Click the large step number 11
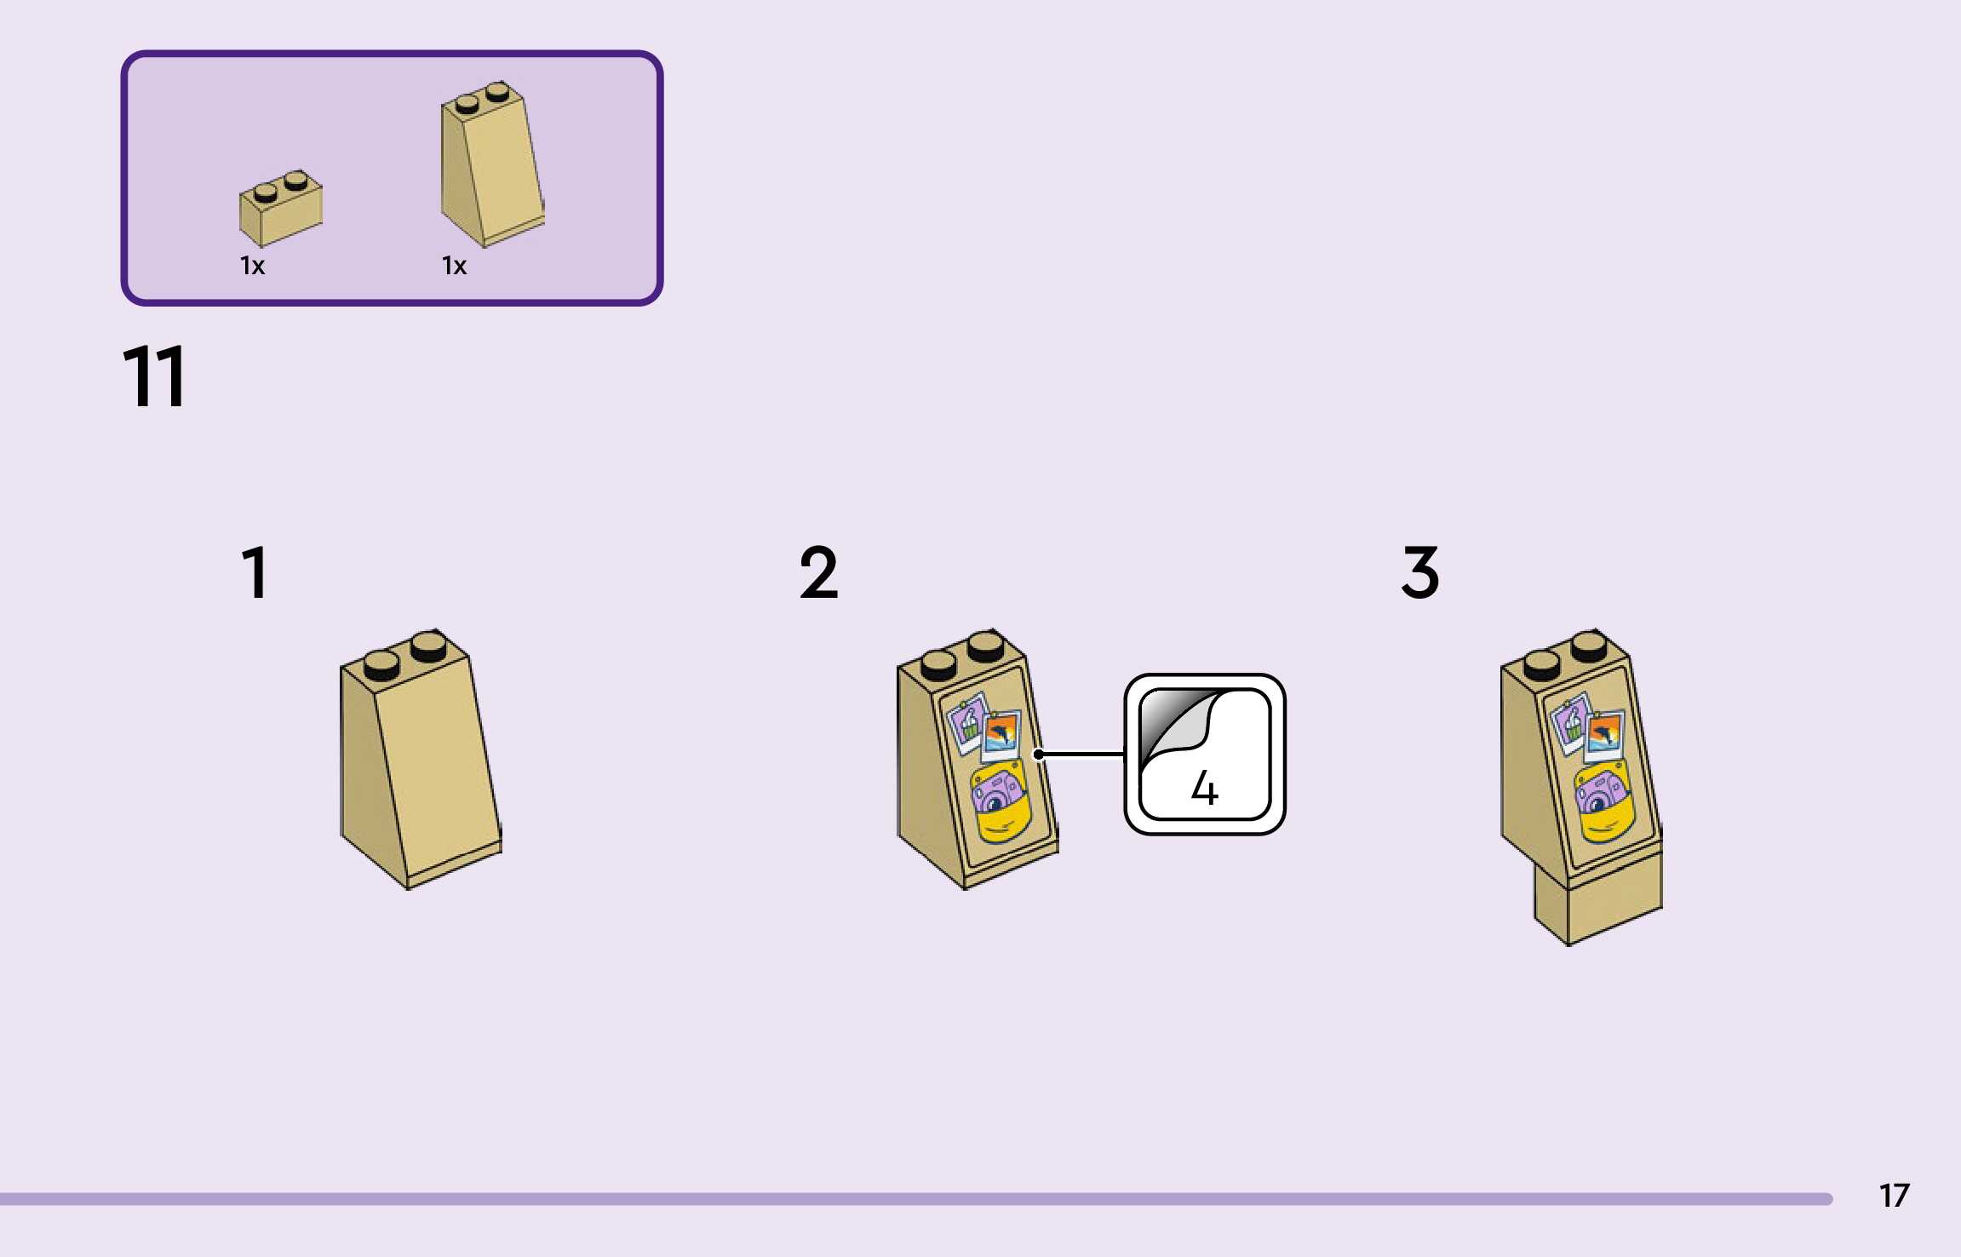tap(154, 376)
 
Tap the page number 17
tap(1894, 1196)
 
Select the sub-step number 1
tap(255, 572)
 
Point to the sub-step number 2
tap(818, 572)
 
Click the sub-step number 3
tap(1420, 572)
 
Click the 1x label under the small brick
tap(252, 267)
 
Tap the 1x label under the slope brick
tap(454, 267)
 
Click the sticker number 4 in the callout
tap(1204, 788)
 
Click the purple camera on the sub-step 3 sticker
tap(1598, 794)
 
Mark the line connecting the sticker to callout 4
tap(1081, 755)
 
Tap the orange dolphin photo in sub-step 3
tap(1604, 735)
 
